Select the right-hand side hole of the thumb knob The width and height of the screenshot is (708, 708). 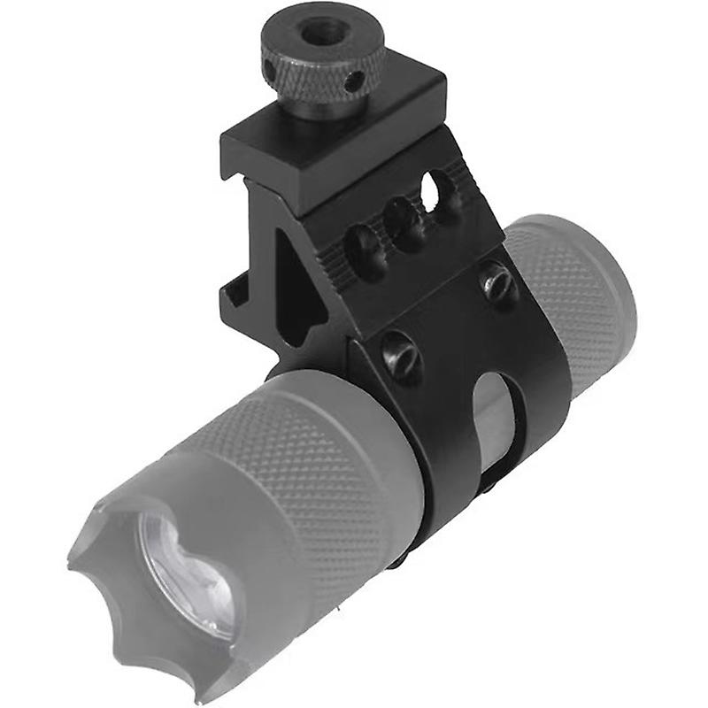(354, 83)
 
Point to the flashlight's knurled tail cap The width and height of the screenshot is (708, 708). (575, 292)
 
